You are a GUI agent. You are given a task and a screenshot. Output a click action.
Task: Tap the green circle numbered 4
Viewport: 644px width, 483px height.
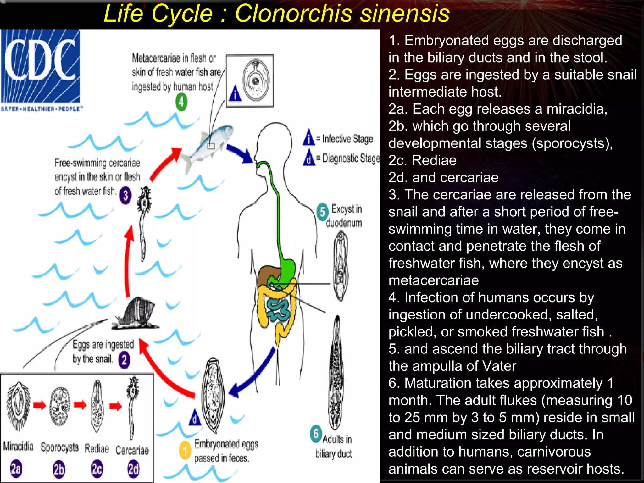coord(181,102)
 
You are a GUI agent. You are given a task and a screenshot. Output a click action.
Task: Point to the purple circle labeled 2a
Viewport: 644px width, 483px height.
coord(16,469)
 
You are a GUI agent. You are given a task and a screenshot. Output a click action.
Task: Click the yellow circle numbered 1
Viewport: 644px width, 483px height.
coord(185,450)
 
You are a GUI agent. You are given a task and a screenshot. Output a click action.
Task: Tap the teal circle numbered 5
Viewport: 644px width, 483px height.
coord(323,212)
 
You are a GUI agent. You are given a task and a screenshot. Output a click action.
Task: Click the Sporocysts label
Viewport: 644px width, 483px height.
coord(60,447)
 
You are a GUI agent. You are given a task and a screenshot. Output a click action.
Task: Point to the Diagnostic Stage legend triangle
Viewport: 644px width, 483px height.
coord(309,158)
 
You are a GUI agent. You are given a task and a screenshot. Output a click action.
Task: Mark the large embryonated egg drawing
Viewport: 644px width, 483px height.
coord(213,396)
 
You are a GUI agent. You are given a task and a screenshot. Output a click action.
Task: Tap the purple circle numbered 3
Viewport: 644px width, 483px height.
coord(125,196)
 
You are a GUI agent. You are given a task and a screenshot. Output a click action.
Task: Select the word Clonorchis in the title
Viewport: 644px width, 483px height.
coord(294,14)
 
